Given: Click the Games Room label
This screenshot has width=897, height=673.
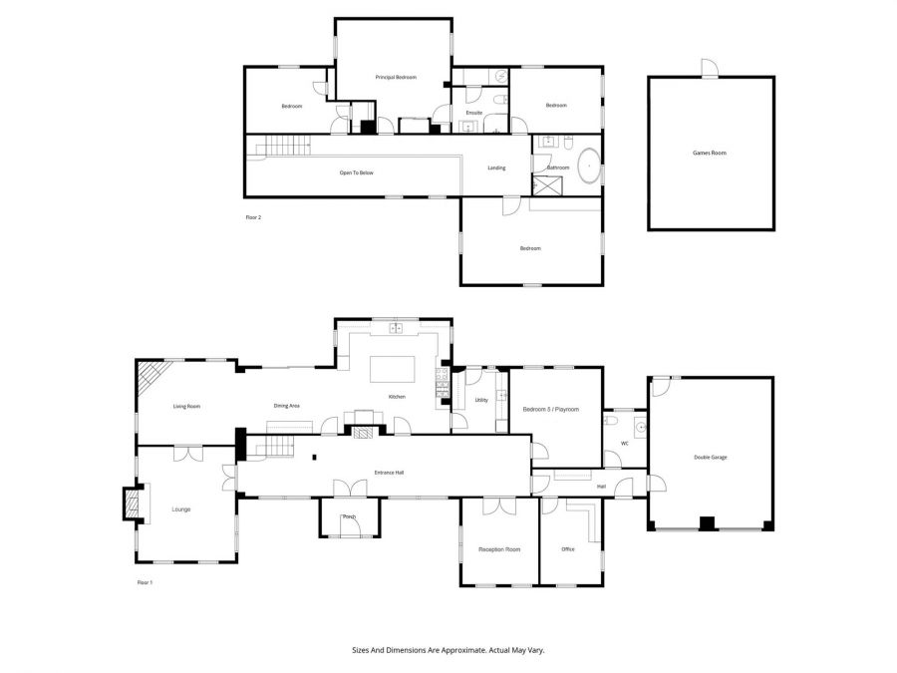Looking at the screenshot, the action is tap(710, 153).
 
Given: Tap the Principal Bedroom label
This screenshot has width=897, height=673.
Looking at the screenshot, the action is tap(396, 77).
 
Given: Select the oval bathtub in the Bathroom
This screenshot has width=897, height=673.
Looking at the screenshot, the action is tap(589, 166).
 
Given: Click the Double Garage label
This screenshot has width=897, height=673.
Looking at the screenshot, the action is tap(711, 458).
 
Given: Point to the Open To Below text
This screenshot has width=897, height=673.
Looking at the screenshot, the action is tap(357, 172).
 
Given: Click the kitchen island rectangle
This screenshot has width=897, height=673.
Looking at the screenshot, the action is tap(393, 369).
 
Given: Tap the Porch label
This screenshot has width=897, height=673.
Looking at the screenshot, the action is tap(349, 516).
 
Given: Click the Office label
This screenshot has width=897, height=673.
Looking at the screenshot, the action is tap(568, 549).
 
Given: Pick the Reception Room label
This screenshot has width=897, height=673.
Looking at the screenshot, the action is tap(499, 549).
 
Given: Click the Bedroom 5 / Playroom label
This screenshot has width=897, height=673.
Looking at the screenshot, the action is tap(551, 409).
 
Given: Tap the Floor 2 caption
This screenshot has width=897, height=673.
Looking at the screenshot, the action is tap(253, 217).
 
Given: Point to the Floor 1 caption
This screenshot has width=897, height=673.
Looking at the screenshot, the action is tap(145, 582).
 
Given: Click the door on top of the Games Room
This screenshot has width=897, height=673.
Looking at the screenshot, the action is tap(710, 68).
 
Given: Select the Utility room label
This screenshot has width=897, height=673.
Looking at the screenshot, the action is tap(481, 400).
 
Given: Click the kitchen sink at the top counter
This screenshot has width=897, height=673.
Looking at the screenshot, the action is tap(396, 328).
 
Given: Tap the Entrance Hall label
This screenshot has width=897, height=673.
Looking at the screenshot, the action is tap(389, 473).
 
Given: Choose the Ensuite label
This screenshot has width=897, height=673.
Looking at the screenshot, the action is tap(474, 113).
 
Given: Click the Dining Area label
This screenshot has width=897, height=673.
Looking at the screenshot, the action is tap(287, 406).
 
